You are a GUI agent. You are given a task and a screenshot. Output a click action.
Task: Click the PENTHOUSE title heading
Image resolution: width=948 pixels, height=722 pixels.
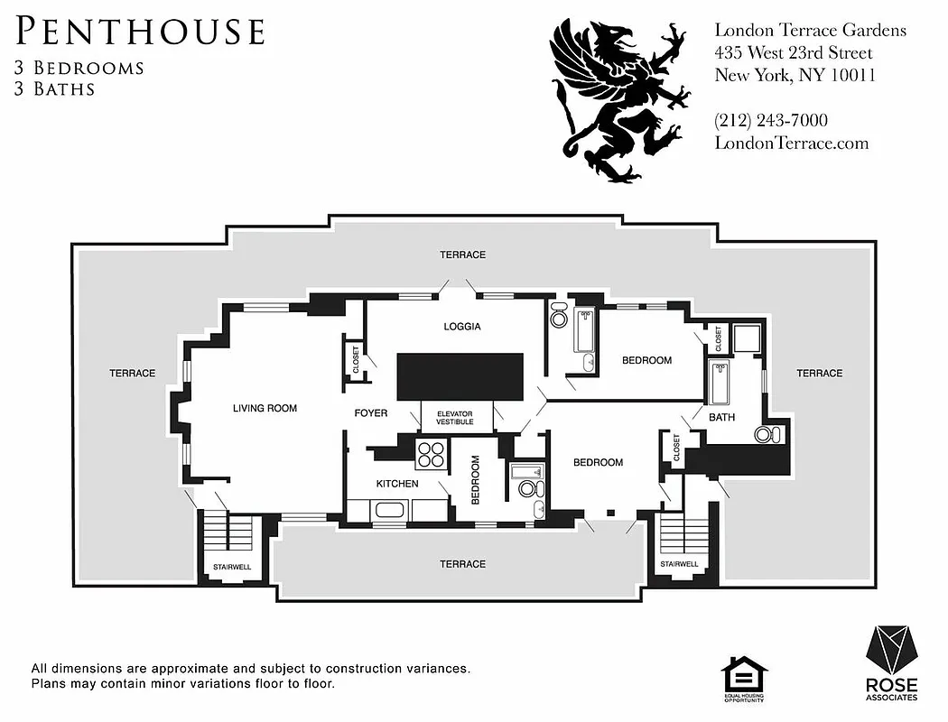tap(141, 32)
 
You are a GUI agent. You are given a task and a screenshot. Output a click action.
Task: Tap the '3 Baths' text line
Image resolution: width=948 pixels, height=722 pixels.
tap(55, 88)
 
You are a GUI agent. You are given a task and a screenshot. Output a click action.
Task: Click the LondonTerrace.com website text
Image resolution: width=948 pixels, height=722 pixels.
tap(791, 143)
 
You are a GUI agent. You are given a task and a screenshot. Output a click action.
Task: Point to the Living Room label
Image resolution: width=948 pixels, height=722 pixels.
tap(265, 409)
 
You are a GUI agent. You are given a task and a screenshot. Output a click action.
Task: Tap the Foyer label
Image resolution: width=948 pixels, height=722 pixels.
tap(370, 413)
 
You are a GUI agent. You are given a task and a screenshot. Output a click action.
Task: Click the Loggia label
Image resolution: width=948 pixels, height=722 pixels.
tap(461, 327)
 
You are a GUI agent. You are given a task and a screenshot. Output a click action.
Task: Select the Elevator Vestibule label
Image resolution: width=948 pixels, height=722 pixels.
tap(455, 418)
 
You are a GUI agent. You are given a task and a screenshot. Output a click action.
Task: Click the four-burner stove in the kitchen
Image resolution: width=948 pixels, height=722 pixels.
tap(431, 454)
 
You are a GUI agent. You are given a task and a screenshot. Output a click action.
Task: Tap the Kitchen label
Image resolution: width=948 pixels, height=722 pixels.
tap(396, 484)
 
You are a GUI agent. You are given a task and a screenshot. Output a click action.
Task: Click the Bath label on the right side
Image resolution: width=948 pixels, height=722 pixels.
tap(721, 418)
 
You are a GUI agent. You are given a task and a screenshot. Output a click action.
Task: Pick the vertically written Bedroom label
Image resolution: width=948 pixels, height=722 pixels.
tap(474, 478)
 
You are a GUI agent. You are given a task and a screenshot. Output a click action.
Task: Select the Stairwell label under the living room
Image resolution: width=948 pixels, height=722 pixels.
tap(232, 567)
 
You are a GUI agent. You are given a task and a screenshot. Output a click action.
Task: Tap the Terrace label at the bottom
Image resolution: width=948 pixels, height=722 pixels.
tap(462, 564)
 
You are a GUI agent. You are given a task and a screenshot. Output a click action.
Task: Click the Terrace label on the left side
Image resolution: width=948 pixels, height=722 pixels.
tap(133, 373)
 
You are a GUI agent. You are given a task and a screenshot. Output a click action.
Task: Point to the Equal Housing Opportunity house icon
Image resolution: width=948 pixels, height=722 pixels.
tap(744, 676)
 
